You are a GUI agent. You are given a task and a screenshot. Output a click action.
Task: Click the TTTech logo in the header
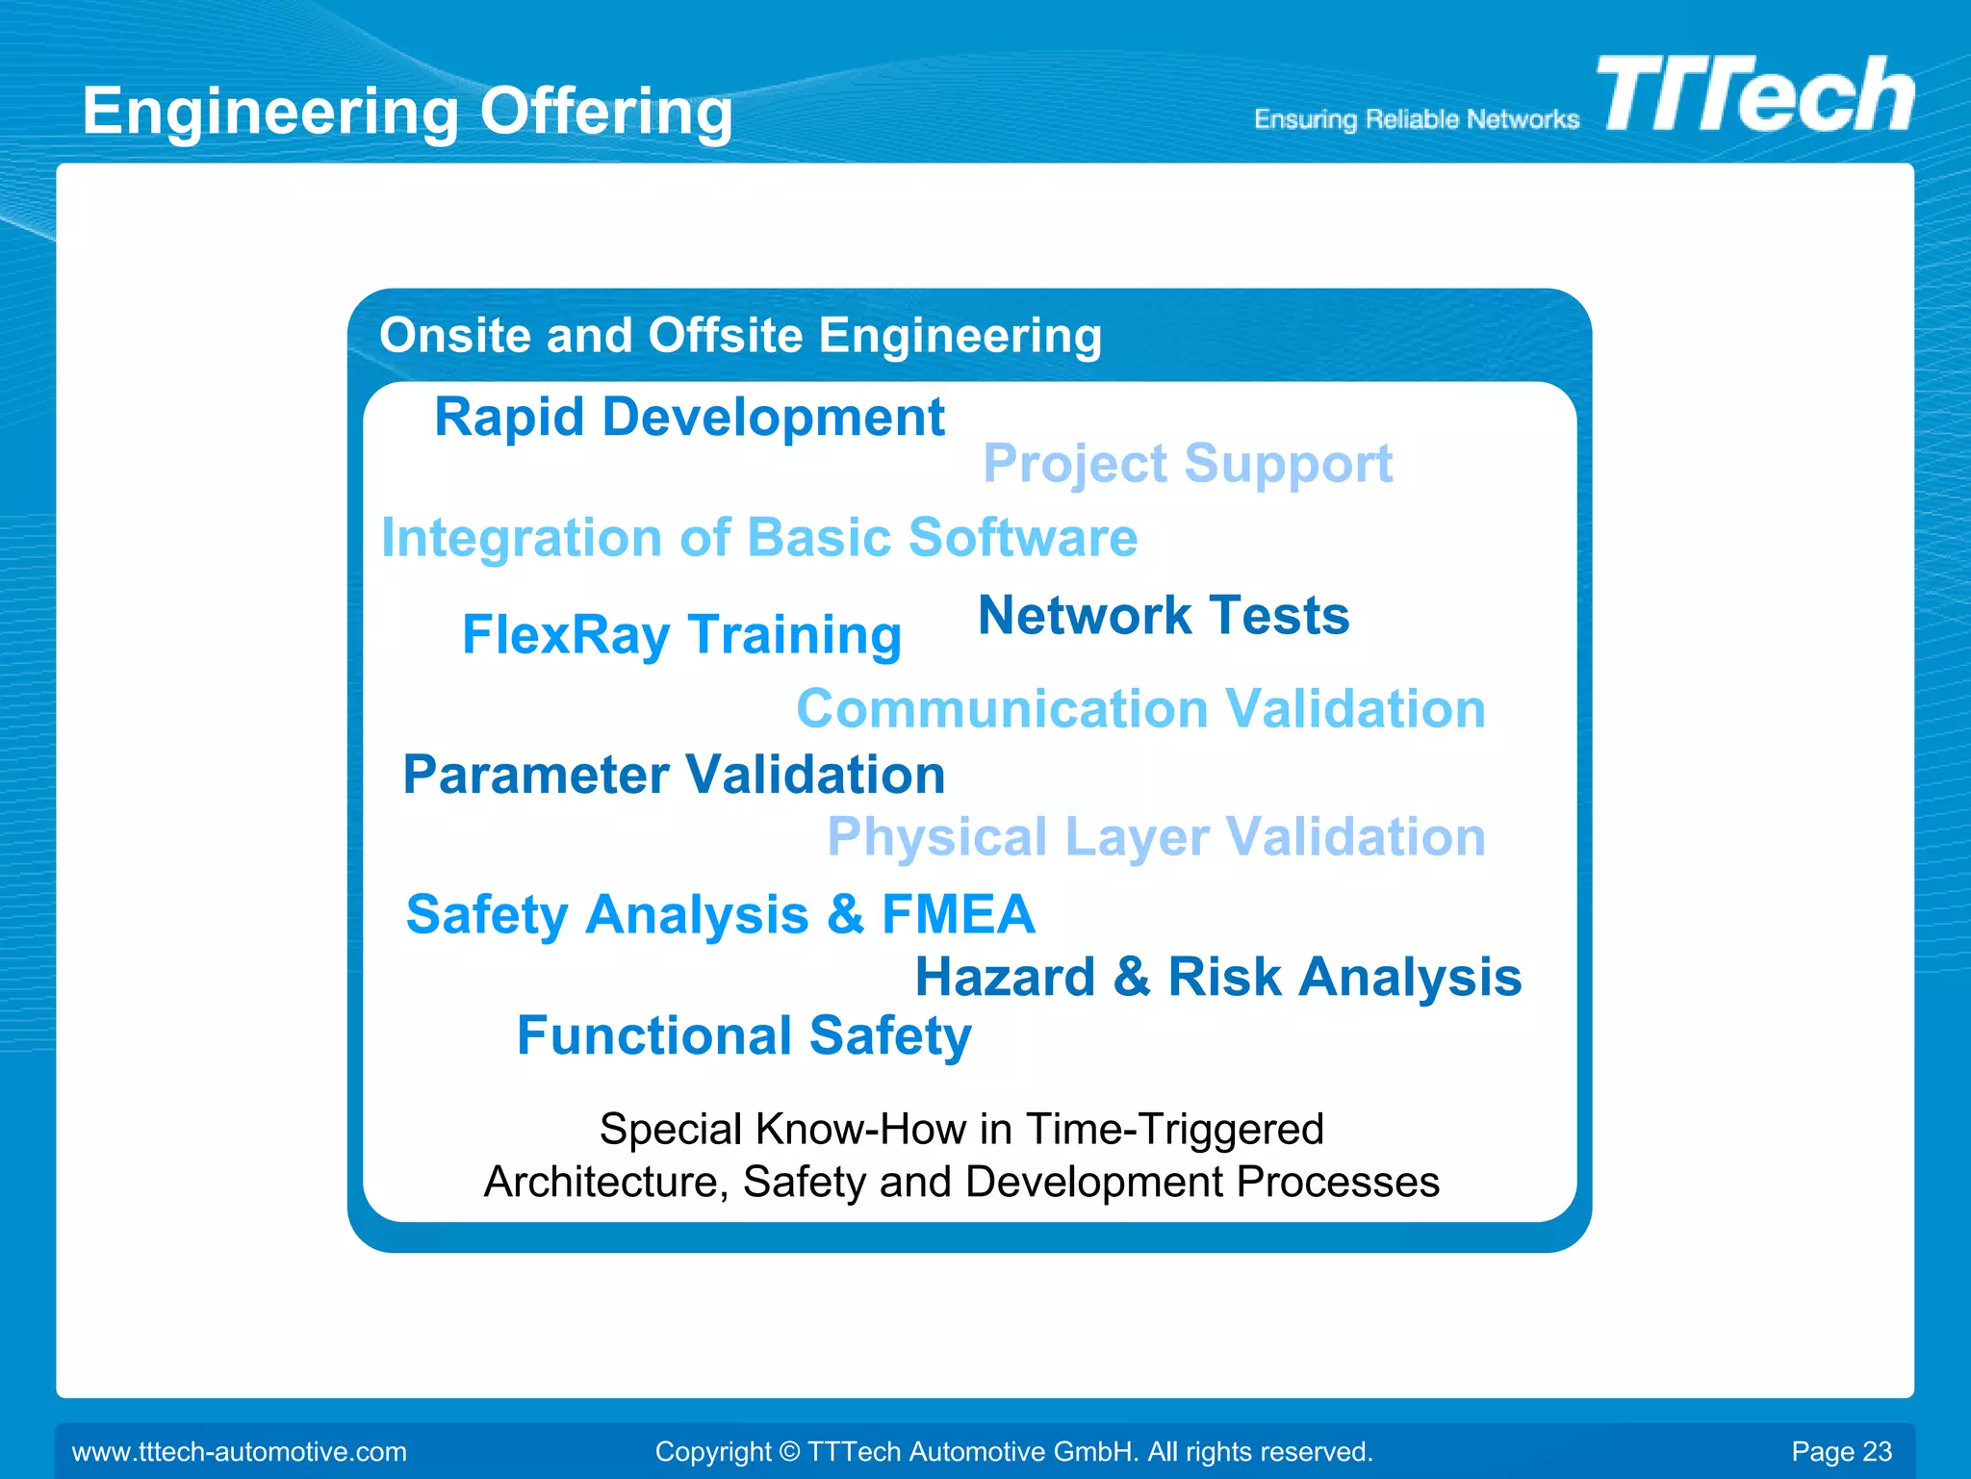1754,95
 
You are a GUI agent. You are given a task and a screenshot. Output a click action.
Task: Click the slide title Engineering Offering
407,112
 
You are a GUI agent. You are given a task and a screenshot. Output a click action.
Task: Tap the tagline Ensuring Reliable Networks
1416,119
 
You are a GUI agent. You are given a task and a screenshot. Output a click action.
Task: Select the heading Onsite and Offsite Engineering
740,336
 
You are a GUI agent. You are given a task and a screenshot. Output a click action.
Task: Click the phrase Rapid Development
689,418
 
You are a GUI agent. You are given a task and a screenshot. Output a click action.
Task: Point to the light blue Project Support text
1187,465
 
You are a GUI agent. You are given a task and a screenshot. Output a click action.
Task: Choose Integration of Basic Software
758,538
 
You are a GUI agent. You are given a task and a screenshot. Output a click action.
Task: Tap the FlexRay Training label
681,635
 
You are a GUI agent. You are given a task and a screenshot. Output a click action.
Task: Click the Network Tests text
1163,616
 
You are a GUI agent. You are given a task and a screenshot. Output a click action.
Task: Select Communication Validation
1140,709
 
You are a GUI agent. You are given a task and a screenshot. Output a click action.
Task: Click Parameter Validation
674,775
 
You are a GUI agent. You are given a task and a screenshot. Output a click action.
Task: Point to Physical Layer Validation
1156,837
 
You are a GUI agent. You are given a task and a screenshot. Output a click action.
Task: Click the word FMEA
958,914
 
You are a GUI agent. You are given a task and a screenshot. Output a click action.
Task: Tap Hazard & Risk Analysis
1217,978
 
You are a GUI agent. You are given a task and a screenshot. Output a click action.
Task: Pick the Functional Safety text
744,1036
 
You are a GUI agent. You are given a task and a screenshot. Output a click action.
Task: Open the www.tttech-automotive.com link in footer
240,1451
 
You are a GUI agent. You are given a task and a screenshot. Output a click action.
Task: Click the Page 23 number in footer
1840,1451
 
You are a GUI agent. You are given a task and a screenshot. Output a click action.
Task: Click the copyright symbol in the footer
789,1451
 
